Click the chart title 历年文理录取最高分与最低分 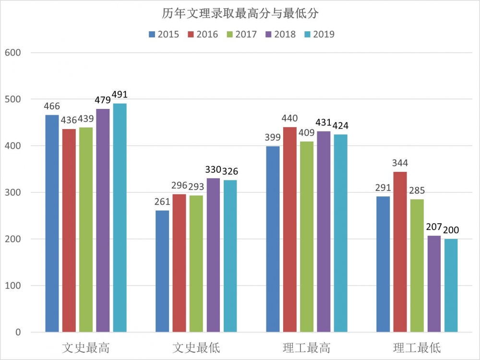tap(240, 14)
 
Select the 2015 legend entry tap(164, 34)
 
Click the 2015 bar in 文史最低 tap(162, 271)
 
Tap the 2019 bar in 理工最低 tap(451, 285)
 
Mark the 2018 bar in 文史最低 tap(213, 255)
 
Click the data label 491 tap(120, 95)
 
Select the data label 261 tap(162, 202)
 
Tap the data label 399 tap(273, 138)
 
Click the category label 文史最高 tap(86, 347)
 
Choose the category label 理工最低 tap(417, 347)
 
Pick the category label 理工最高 tap(306, 347)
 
